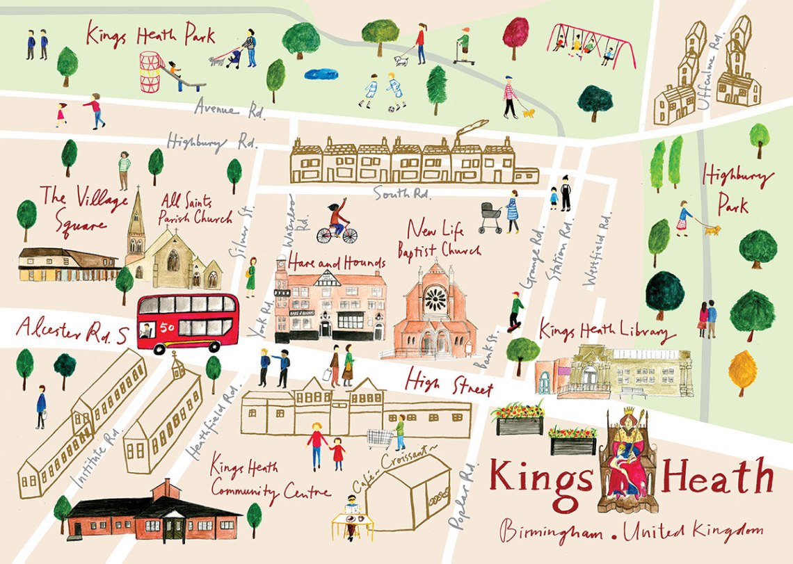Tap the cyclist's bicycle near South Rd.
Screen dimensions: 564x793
(337, 234)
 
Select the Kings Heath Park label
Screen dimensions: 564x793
(150, 34)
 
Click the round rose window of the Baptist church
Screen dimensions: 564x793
(435, 300)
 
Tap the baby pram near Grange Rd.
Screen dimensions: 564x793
(490, 217)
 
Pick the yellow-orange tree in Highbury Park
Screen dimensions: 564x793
(743, 371)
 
